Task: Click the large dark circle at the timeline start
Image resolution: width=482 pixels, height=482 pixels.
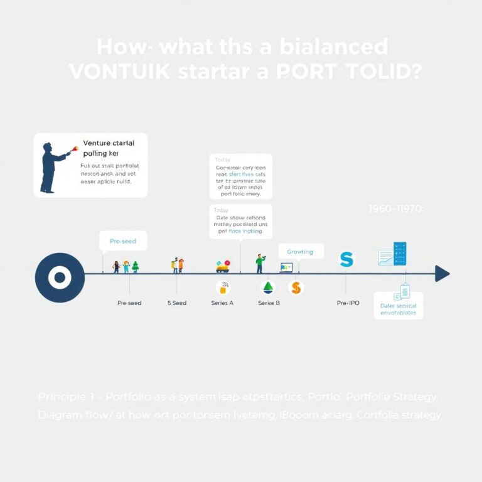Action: pyautogui.click(x=60, y=277)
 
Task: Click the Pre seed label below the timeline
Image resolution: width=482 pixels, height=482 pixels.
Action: pyautogui.click(x=129, y=303)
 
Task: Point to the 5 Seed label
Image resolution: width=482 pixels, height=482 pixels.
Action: pyautogui.click(x=177, y=303)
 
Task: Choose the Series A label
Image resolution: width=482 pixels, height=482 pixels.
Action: pyautogui.click(x=222, y=303)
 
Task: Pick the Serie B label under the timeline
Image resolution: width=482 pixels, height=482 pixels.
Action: pyautogui.click(x=269, y=303)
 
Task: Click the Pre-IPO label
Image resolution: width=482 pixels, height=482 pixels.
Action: pyautogui.click(x=348, y=303)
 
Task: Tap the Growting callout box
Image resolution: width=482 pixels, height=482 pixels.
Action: pyautogui.click(x=301, y=252)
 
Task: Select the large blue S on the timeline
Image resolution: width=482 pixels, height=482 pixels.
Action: pyautogui.click(x=346, y=259)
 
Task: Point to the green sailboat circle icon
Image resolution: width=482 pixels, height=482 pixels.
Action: pyautogui.click(x=268, y=287)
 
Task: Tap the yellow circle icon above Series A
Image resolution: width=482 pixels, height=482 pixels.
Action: pyautogui.click(x=222, y=287)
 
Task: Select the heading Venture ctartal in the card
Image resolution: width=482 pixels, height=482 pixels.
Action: pyautogui.click(x=109, y=143)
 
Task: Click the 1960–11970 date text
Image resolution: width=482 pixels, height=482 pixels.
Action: pyautogui.click(x=397, y=209)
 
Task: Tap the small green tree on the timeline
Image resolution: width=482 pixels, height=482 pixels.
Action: pyautogui.click(x=135, y=267)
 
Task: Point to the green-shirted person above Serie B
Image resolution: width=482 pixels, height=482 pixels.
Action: pyautogui.click(x=260, y=264)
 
